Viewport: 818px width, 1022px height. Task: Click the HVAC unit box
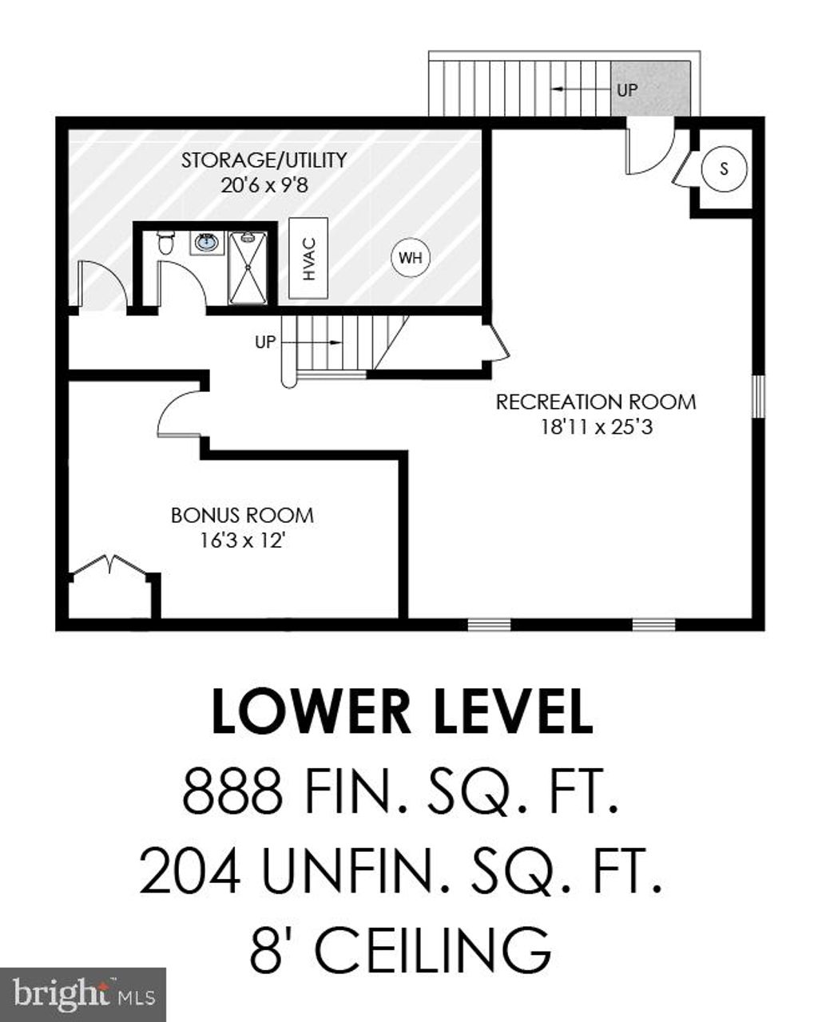pos(308,259)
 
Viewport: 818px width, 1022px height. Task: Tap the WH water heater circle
pos(410,259)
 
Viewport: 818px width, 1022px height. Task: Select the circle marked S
pos(724,168)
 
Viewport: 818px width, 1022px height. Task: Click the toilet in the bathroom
pos(166,242)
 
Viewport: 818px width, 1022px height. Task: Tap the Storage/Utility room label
pos(264,160)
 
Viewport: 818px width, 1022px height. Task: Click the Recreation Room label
pos(596,402)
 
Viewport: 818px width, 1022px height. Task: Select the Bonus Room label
pos(242,516)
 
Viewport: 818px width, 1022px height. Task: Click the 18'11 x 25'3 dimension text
pos(597,427)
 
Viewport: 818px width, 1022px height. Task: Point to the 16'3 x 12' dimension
pos(242,541)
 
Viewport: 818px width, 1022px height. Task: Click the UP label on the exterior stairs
pos(627,89)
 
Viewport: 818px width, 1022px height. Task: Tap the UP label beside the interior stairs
pos(265,342)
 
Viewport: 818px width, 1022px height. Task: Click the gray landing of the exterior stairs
pos(650,89)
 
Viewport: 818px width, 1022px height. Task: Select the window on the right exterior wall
pos(759,397)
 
